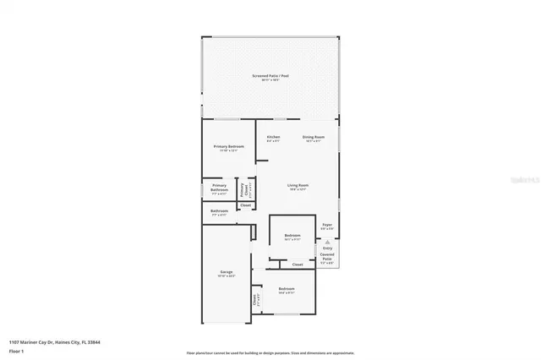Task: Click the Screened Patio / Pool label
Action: [270, 77]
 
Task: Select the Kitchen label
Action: [273, 137]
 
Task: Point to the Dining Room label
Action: [314, 137]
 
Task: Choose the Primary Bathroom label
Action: [219, 188]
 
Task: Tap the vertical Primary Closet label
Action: [242, 189]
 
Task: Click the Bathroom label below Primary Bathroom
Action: [219, 210]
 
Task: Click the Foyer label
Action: [326, 225]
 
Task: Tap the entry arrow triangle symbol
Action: [327, 242]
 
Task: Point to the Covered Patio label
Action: [326, 257]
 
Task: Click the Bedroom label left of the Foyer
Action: [292, 235]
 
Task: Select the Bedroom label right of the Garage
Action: [287, 289]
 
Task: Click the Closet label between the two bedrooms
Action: [298, 265]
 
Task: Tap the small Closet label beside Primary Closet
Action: [245, 205]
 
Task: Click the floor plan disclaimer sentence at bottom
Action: [270, 353]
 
